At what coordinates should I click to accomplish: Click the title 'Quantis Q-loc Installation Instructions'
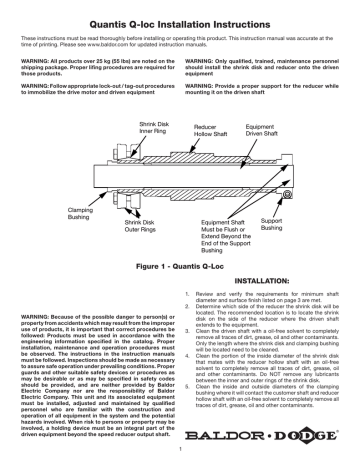pyautogui.click(x=180, y=16)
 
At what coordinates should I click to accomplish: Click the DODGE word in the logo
pyautogui.click(x=297, y=435)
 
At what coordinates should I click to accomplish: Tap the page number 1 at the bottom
pyautogui.click(x=180, y=459)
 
